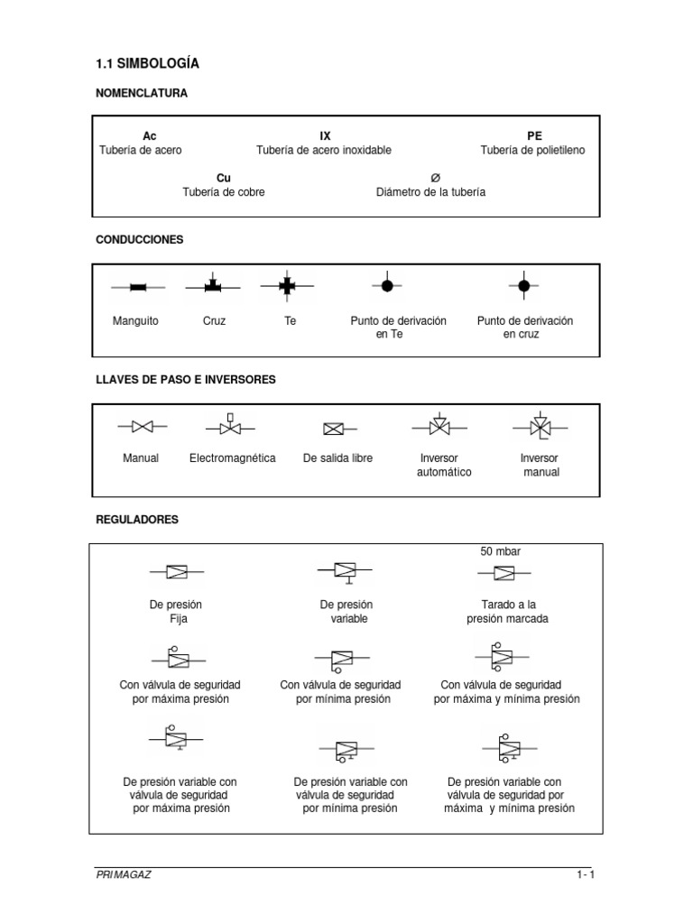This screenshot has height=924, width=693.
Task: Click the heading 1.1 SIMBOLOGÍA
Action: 147,63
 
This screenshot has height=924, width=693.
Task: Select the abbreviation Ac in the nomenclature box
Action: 150,135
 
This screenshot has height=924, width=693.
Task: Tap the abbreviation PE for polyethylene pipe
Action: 535,135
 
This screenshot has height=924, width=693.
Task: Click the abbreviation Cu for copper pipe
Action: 224,178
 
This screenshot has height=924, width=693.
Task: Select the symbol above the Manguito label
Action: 137,288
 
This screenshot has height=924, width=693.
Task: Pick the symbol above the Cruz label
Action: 214,286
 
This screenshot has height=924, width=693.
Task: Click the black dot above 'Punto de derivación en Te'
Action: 385,286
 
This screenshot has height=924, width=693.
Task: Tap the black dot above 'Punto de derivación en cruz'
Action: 524,286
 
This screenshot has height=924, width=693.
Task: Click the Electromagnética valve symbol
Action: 230,425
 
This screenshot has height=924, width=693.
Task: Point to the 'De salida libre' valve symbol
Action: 335,429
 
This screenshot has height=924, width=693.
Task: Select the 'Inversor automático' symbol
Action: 439,425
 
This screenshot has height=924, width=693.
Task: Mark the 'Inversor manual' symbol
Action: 540,425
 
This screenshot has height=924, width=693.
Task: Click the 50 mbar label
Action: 500,551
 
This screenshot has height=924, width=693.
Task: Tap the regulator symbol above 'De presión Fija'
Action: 175,572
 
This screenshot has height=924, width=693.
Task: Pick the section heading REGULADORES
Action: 137,520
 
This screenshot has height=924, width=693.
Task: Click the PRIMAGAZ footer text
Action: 123,874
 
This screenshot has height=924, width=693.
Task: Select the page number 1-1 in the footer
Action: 586,874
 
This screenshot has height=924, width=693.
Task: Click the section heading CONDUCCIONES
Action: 140,240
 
